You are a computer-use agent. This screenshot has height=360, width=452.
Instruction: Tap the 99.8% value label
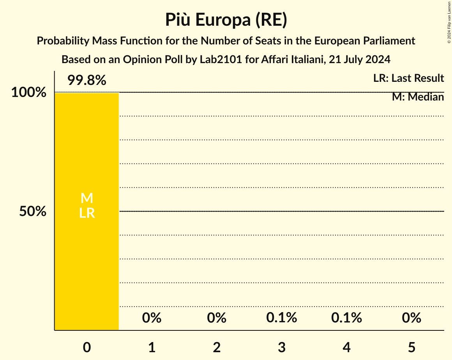click(x=87, y=81)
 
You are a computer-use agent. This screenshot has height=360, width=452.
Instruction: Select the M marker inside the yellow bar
click(x=87, y=198)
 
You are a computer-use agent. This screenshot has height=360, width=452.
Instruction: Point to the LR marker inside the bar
click(x=87, y=213)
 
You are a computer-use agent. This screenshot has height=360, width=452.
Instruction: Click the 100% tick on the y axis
click(x=28, y=93)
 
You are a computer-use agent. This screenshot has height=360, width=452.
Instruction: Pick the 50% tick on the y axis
click(x=33, y=212)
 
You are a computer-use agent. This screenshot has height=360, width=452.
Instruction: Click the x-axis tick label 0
click(x=87, y=347)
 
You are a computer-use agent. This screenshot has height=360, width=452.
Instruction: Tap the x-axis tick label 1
click(x=152, y=347)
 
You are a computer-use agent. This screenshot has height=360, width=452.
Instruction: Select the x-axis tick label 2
click(x=217, y=347)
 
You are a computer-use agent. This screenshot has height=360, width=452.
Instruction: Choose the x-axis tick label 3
click(x=282, y=347)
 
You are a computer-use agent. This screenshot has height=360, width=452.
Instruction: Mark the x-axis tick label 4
click(x=346, y=347)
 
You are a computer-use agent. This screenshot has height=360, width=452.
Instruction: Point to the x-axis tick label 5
click(x=411, y=347)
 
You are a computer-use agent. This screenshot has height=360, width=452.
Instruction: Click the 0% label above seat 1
click(x=152, y=318)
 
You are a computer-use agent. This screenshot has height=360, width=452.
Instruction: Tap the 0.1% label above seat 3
click(x=282, y=318)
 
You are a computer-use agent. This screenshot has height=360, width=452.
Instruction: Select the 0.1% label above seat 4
click(x=346, y=318)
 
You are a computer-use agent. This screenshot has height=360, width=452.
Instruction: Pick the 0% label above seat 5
click(x=411, y=318)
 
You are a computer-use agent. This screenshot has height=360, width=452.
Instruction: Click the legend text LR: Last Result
click(x=408, y=78)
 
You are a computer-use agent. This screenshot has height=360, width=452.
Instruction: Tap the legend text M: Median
click(x=418, y=97)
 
